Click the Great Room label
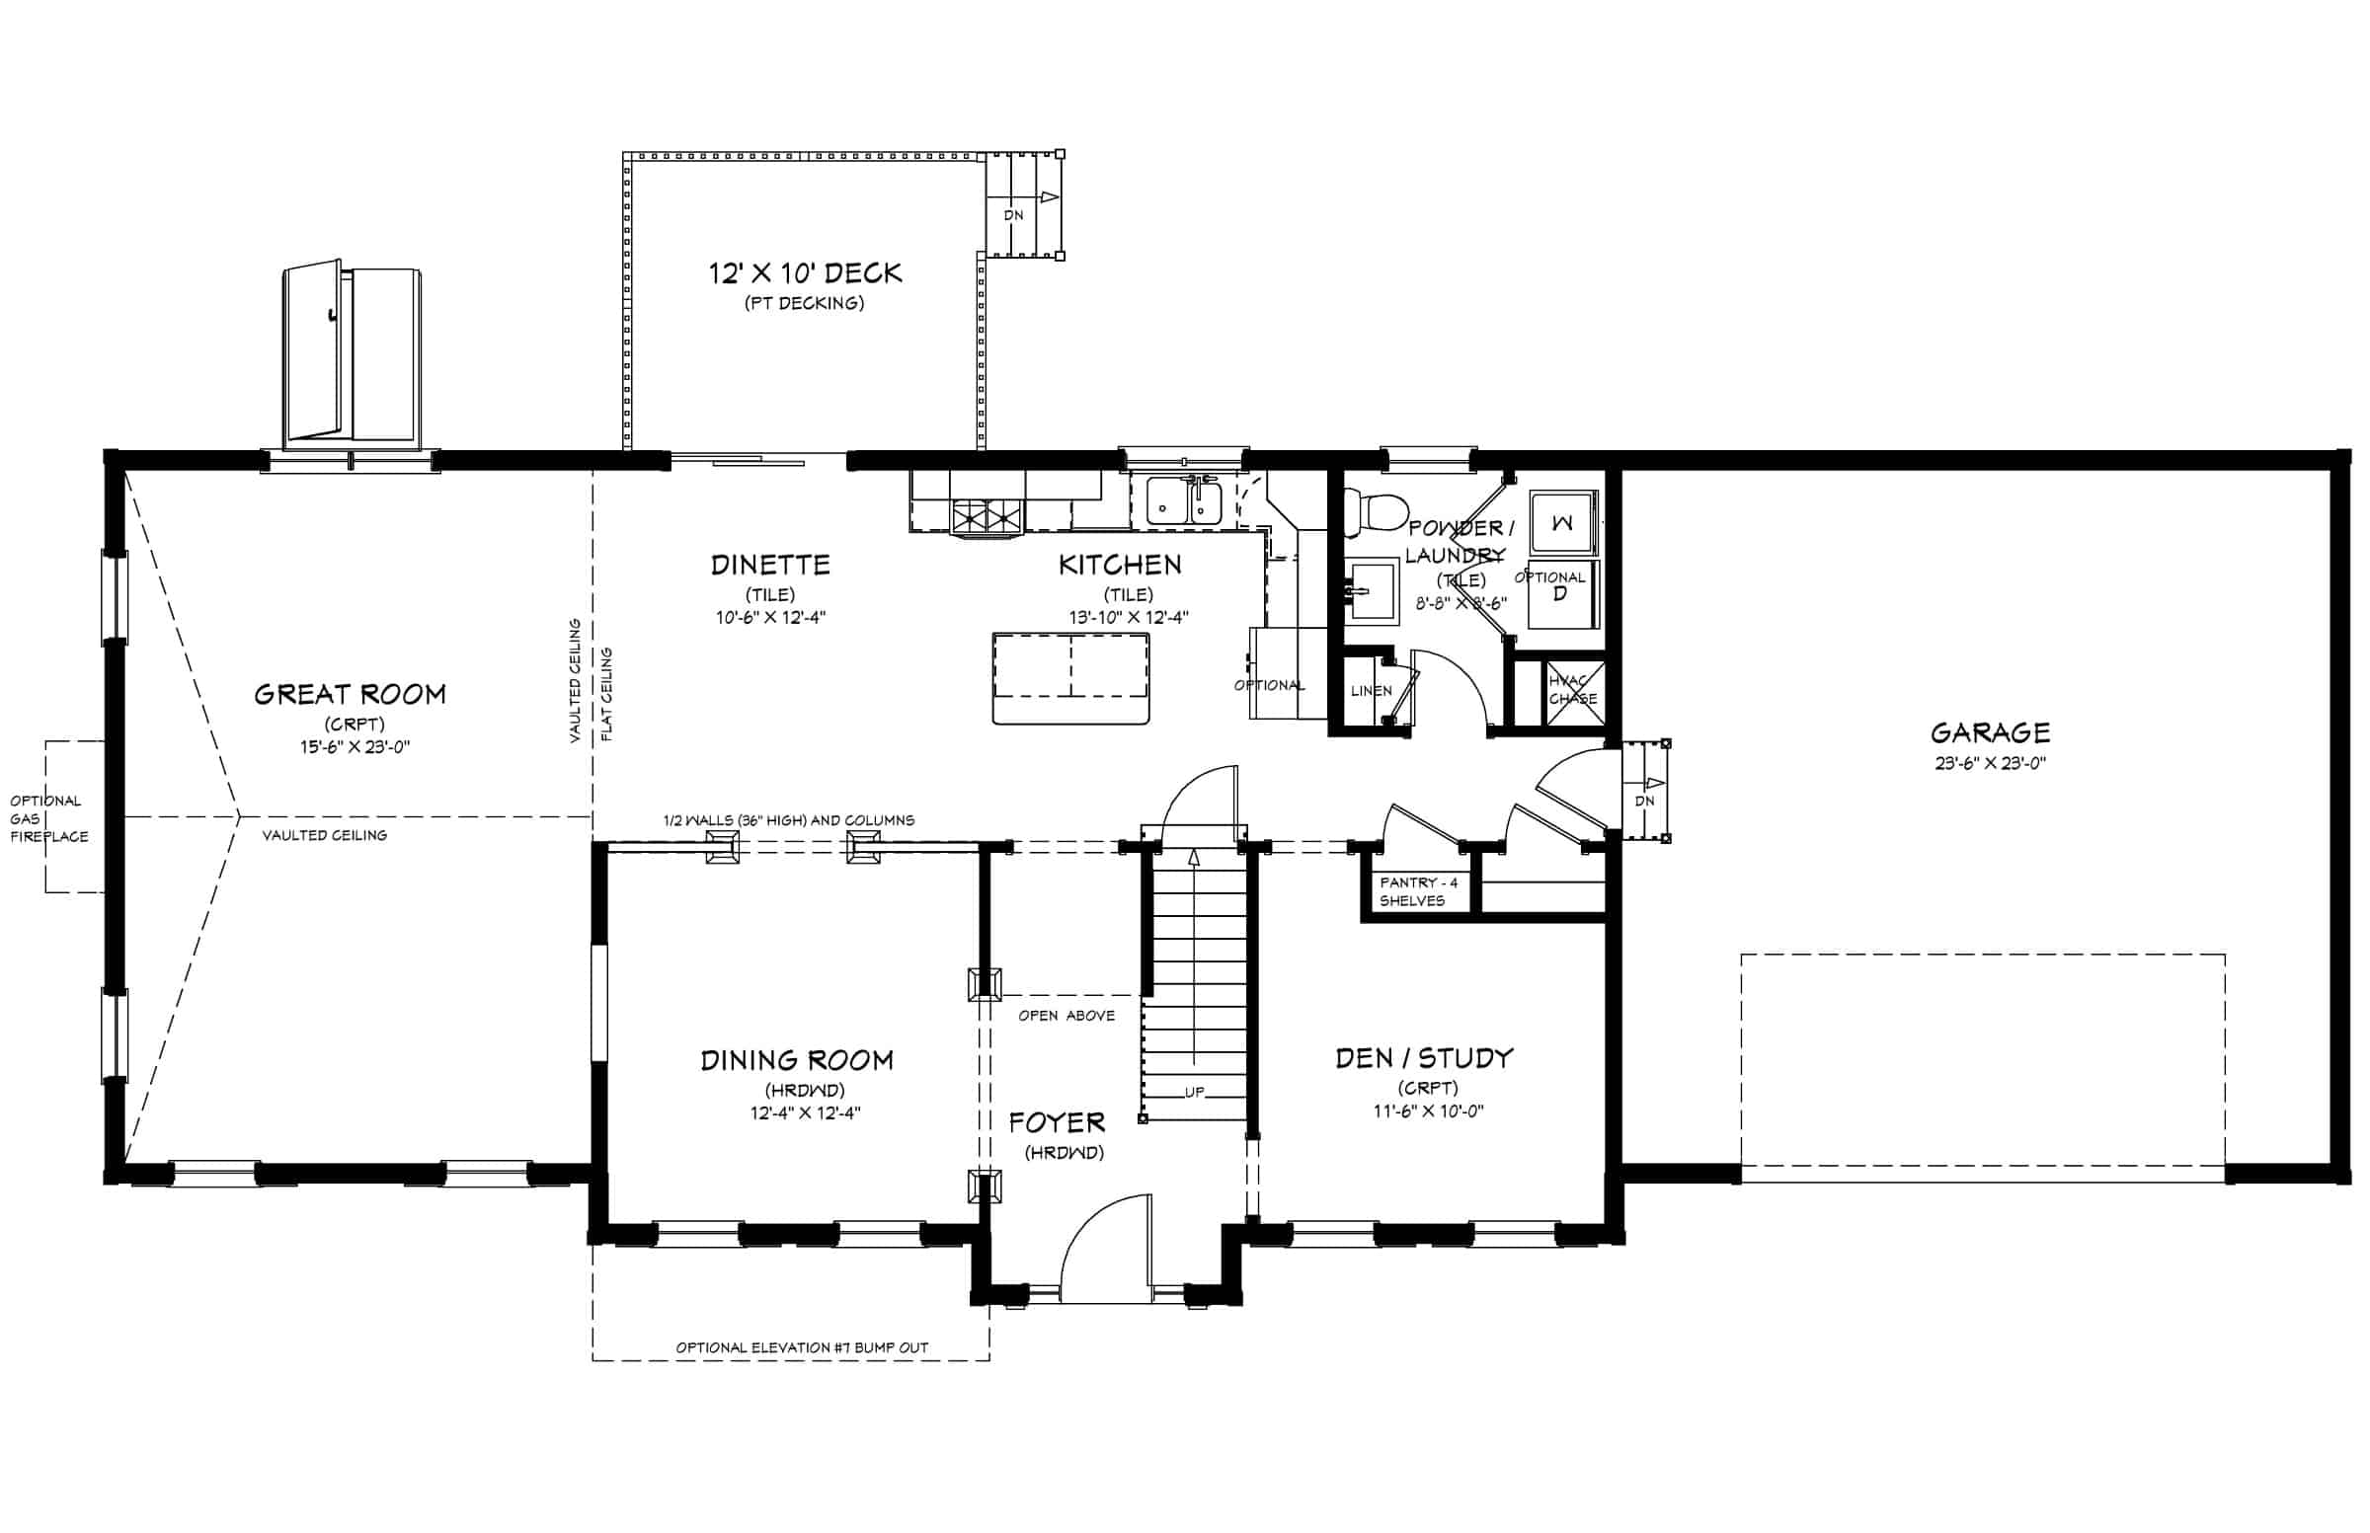350,694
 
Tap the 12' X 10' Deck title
805,272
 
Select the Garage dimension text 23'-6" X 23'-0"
1990,763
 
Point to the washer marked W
1562,522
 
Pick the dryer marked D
1562,595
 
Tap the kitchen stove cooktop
987,516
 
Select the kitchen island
1070,677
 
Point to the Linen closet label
1372,690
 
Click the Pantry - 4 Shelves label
1418,891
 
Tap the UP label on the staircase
1194,1092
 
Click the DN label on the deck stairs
1013,215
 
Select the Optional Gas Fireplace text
48,818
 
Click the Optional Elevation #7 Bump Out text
802,1347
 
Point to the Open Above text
1066,1016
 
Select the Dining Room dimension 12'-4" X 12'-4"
806,1112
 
